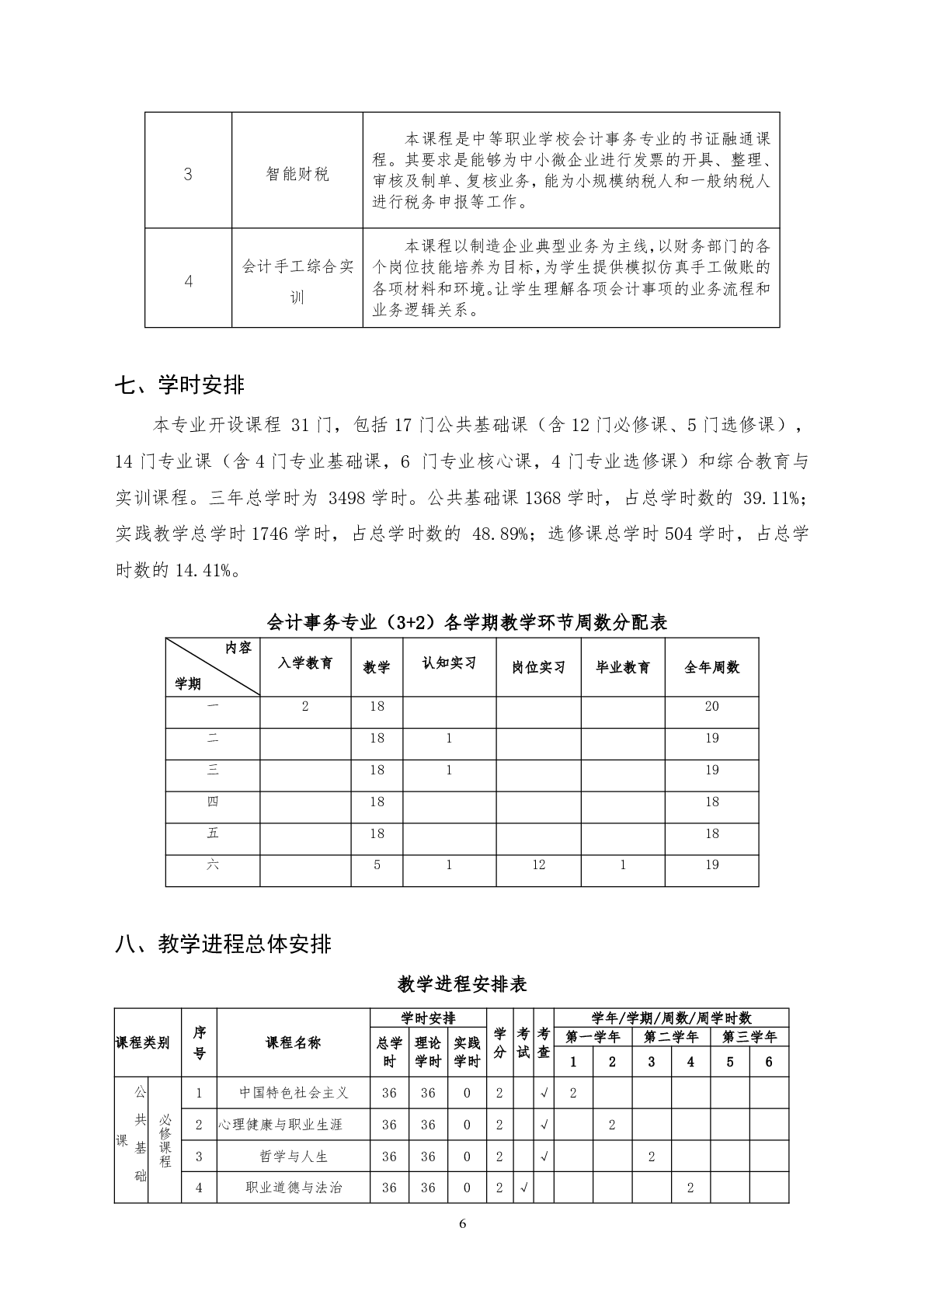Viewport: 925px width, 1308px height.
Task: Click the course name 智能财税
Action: click(297, 175)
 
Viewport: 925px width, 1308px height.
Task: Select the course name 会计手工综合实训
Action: click(297, 282)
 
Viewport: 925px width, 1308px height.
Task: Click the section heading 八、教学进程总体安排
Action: click(223, 944)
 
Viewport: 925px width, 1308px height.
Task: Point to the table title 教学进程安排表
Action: click(462, 984)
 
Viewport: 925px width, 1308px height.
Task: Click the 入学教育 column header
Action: click(305, 664)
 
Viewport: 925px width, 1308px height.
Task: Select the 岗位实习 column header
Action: click(538, 667)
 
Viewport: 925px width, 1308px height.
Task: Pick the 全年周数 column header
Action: click(711, 667)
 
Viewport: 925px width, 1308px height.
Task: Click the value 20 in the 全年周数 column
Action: click(711, 707)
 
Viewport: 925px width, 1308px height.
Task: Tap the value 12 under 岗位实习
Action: click(538, 865)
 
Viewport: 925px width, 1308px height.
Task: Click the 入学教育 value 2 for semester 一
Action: click(305, 707)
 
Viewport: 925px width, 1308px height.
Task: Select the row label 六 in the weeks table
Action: click(213, 864)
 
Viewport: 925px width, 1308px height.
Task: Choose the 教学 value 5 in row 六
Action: click(377, 865)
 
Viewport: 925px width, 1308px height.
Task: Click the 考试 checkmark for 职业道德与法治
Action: click(523, 1188)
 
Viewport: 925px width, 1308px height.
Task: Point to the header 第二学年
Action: click(671, 1037)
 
